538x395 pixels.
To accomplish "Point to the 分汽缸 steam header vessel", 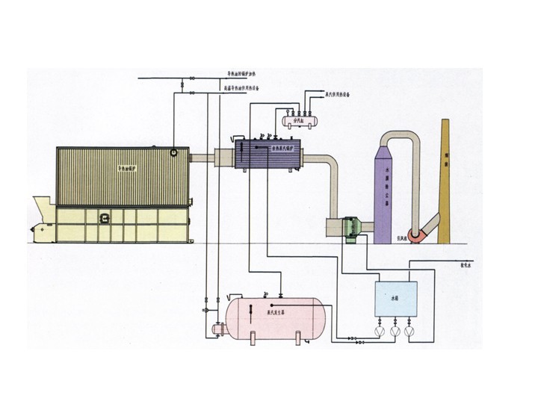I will (300, 118).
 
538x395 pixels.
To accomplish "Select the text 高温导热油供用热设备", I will (246, 89).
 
